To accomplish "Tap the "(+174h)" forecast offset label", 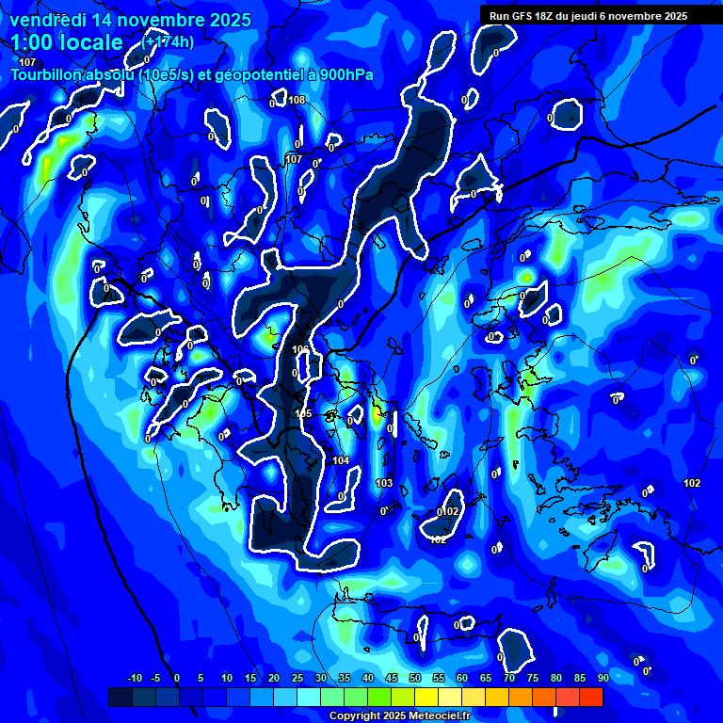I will point(169,42).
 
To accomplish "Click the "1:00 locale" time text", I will point(67,42).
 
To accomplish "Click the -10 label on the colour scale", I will point(134,678).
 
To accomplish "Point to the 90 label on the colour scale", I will point(603,678).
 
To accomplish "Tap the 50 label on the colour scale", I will point(415,678).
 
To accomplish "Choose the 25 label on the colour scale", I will point(297,678).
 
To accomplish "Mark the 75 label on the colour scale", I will point(533,678).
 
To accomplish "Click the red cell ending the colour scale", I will point(591,697).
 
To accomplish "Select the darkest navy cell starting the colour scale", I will point(120,697).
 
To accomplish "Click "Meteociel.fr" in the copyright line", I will point(433,716).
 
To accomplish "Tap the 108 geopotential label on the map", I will point(297,100).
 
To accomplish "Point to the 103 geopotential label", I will point(384,483).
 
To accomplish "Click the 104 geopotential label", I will point(341,460).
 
